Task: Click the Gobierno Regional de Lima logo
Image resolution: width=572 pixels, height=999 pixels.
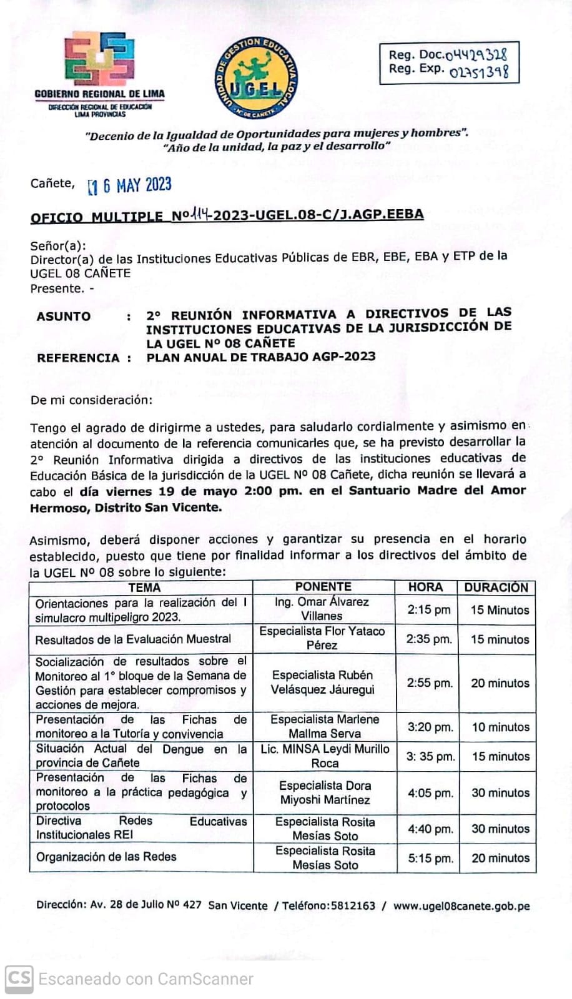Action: (x=99, y=60)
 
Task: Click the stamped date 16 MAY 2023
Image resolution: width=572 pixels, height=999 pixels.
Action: (x=130, y=185)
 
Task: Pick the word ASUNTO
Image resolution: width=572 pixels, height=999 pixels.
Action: (x=64, y=316)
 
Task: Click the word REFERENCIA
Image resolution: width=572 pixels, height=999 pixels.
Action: (x=78, y=358)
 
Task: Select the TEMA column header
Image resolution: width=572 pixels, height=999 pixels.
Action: (x=144, y=588)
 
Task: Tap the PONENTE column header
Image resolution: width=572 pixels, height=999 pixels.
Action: (x=323, y=587)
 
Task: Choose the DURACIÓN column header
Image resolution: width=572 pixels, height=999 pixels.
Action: (x=496, y=588)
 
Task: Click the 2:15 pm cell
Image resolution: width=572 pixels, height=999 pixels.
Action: (x=429, y=609)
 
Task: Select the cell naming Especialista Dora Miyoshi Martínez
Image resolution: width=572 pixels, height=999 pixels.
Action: (x=325, y=792)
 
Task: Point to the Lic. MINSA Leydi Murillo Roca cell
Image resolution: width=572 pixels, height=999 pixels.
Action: (x=325, y=756)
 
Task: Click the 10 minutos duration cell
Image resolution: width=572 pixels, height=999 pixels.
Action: (x=500, y=727)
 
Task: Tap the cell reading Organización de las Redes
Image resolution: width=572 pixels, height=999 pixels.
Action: (x=106, y=857)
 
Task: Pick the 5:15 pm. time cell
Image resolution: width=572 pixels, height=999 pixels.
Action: (x=430, y=859)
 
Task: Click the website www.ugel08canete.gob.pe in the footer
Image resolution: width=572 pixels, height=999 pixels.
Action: (x=461, y=906)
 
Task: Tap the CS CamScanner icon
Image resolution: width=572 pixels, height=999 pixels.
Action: (x=19, y=978)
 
